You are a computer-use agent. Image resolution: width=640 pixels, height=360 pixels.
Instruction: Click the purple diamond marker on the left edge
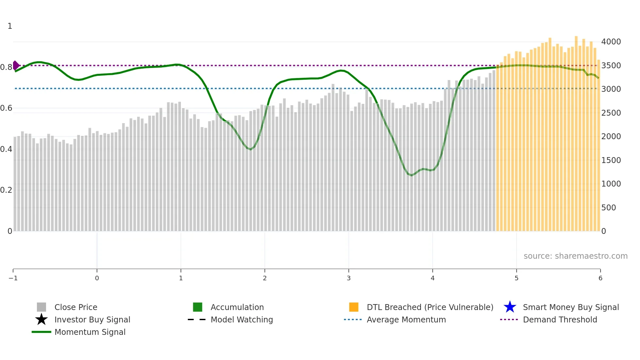[x=16, y=65]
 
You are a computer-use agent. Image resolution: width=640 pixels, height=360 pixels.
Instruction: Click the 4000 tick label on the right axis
[x=611, y=42]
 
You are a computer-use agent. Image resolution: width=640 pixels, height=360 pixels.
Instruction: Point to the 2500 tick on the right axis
[x=611, y=113]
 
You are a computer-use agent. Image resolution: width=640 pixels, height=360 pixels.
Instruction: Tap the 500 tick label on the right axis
[x=609, y=208]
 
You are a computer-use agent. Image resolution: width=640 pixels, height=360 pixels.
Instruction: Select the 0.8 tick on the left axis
[x=6, y=67]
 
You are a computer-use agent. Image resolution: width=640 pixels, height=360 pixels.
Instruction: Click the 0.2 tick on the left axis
[x=6, y=190]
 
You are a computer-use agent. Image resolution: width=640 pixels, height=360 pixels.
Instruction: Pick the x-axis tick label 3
[x=349, y=278]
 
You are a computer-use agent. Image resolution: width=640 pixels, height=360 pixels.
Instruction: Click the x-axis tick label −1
[x=13, y=278]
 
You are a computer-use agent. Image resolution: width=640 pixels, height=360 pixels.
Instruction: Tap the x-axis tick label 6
[x=600, y=278]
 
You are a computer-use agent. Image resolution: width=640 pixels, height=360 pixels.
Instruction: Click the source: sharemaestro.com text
[x=575, y=256]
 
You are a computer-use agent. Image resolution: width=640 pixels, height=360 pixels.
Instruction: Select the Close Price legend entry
[x=76, y=307]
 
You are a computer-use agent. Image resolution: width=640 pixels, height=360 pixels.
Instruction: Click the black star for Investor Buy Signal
[x=41, y=319]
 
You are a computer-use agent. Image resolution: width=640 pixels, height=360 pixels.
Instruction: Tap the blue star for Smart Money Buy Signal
[x=510, y=307]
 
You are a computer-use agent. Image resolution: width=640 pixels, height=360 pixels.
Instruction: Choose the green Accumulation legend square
[x=198, y=307]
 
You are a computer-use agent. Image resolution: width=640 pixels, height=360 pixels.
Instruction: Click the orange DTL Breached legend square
[x=354, y=307]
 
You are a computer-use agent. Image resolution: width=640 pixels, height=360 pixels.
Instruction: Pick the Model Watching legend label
[x=242, y=320]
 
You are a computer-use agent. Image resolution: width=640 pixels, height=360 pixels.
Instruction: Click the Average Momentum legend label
[x=406, y=320]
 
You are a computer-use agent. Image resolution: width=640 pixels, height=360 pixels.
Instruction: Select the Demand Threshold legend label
[x=560, y=320]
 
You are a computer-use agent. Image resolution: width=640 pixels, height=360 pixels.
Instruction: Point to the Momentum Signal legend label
[x=90, y=332]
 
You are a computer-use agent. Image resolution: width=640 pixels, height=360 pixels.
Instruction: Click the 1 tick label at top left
[x=10, y=26]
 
